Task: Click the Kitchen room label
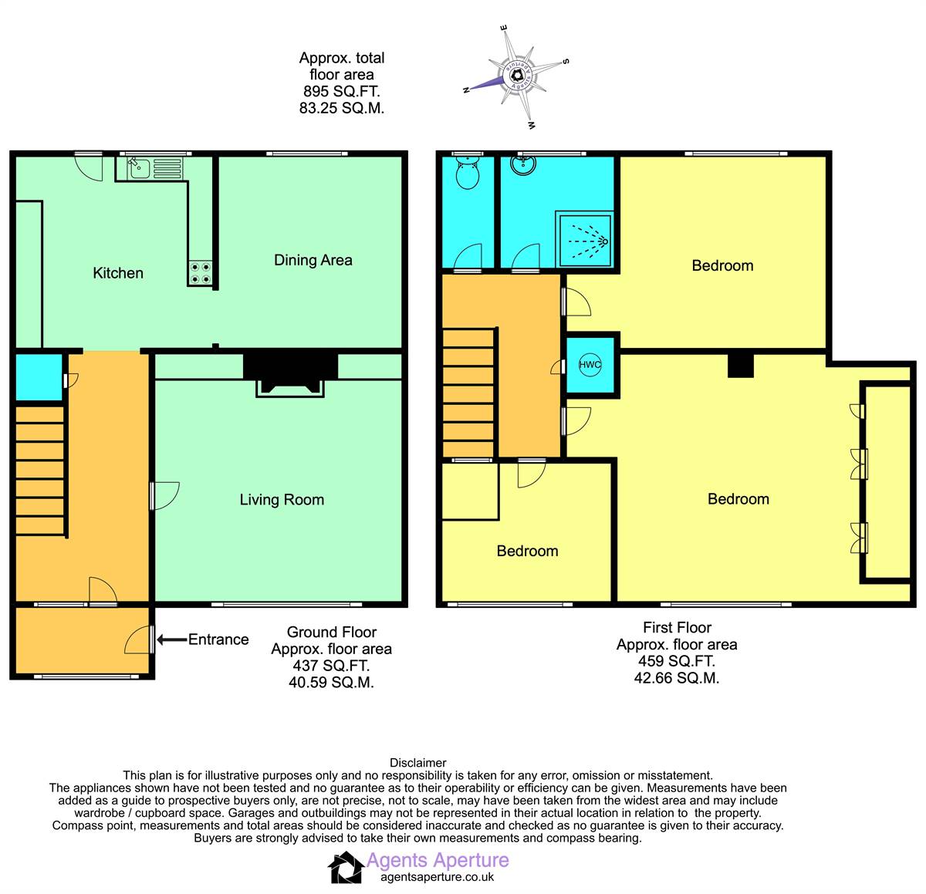pos(118,273)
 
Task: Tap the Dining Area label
pos(313,260)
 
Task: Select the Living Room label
pos(282,499)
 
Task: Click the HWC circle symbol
pos(590,365)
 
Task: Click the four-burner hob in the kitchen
pos(201,273)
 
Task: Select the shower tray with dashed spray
pos(584,239)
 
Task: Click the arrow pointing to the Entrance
pos(172,639)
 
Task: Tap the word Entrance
pos(218,639)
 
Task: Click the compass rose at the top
pos(517,77)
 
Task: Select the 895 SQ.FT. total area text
pos(342,91)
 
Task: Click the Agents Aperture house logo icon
pos(346,868)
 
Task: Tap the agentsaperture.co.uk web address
pos(438,877)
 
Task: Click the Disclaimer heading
pos(417,763)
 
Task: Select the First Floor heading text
pos(677,628)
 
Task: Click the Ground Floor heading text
pos(332,633)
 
